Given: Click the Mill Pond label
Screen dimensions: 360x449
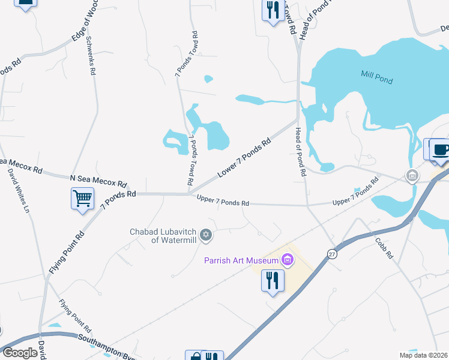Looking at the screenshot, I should [376, 76].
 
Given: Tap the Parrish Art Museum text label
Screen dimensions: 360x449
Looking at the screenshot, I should [241, 260].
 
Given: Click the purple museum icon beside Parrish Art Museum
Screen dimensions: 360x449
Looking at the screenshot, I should [288, 260].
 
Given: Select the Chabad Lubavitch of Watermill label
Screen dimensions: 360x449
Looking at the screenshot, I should [163, 236].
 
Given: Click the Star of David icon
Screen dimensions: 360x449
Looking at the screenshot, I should [206, 235].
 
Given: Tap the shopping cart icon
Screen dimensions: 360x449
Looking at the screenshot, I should [82, 197].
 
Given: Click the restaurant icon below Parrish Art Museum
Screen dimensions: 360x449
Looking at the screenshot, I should [273, 280].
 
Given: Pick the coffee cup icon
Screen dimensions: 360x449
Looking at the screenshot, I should [441, 149].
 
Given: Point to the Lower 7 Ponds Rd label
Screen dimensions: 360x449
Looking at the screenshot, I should [244, 158].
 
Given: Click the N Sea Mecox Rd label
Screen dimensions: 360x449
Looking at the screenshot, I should [98, 179].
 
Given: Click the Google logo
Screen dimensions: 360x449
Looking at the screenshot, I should [20, 352].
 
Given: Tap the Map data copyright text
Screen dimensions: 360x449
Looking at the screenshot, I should [423, 355].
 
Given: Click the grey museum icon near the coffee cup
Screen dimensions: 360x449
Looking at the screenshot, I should [412, 176].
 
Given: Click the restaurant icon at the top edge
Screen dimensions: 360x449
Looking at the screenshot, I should [273, 10].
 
